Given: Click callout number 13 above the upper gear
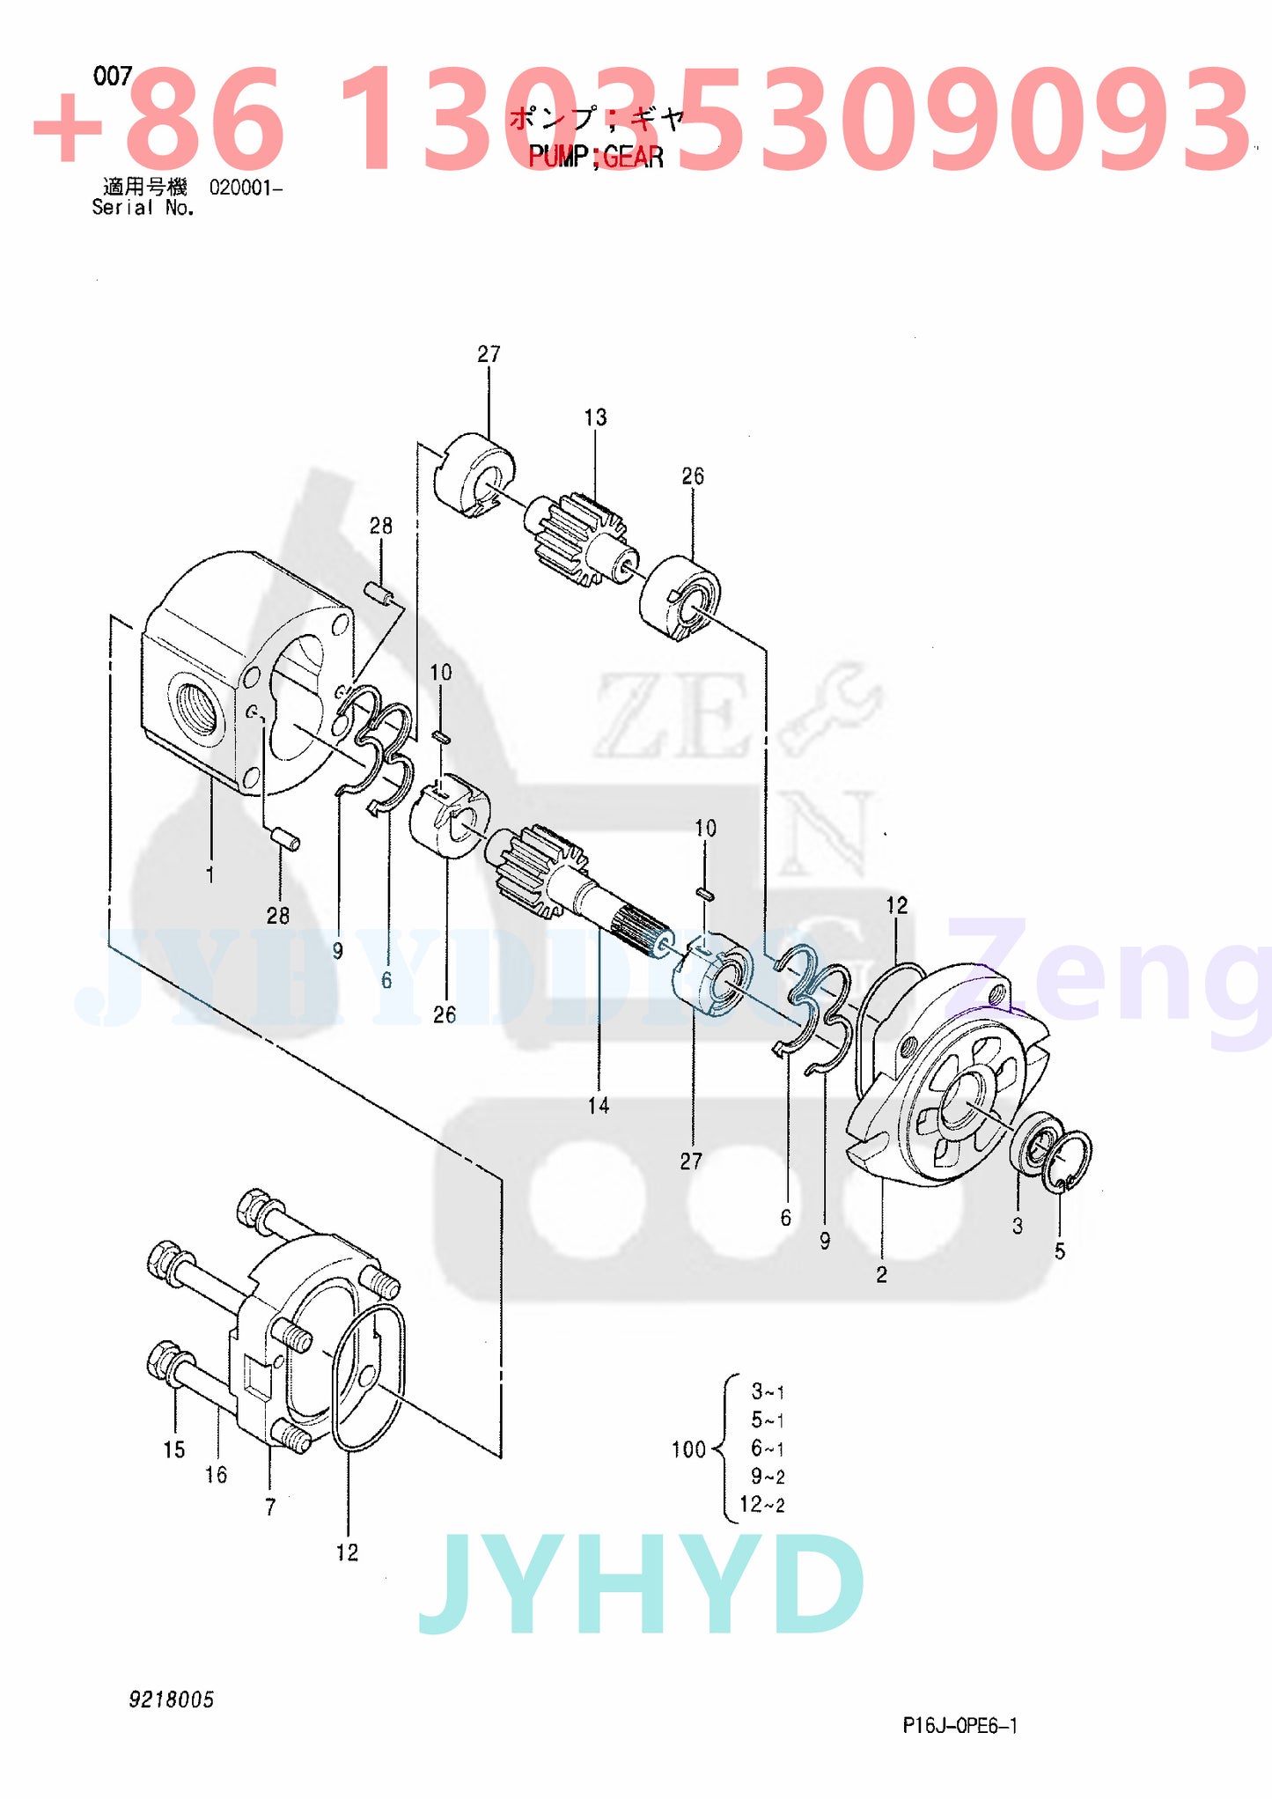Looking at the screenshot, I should (x=595, y=417).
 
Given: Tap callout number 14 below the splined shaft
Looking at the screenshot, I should (x=599, y=1105).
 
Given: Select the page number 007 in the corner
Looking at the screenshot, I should (x=113, y=77).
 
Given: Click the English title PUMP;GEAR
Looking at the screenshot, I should (x=596, y=158).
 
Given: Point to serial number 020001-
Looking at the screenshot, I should (x=246, y=188).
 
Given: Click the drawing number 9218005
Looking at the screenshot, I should (x=172, y=1700).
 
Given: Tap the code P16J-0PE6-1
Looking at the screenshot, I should (x=960, y=1725).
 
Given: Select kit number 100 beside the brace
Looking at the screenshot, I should (x=688, y=1449).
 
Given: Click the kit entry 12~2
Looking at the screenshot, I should (x=762, y=1505).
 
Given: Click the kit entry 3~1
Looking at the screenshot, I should (x=768, y=1392).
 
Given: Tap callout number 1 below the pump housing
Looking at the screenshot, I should (x=210, y=874).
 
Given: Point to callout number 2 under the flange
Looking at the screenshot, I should (x=881, y=1274).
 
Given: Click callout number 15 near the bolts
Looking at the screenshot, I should (x=174, y=1449).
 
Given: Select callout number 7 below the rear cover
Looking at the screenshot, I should (x=270, y=1507).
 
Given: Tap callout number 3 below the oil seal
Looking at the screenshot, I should (x=1017, y=1226).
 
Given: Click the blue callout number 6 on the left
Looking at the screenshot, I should (x=386, y=980).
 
